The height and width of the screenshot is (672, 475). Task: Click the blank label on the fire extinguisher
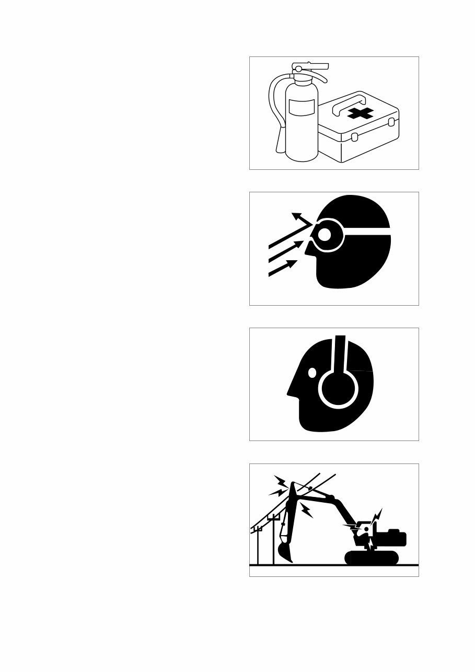(302, 108)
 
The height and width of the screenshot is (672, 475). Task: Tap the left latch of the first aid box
(354, 137)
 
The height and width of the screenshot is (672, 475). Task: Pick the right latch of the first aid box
(389, 122)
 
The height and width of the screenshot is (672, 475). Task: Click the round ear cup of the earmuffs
(338, 388)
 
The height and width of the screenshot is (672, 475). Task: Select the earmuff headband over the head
(340, 350)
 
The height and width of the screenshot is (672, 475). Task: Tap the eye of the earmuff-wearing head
(312, 373)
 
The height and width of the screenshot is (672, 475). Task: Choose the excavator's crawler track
(372, 558)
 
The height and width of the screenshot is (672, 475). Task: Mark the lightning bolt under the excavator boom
(307, 510)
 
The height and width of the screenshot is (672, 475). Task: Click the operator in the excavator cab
(367, 530)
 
